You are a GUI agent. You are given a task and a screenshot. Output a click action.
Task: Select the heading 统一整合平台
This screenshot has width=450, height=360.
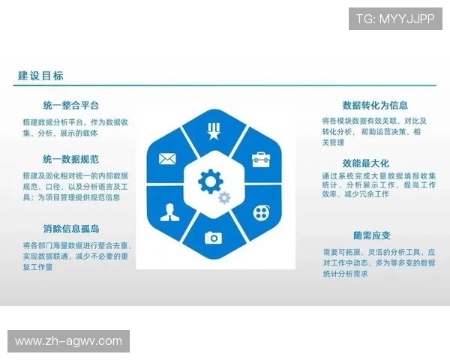(x=71, y=105)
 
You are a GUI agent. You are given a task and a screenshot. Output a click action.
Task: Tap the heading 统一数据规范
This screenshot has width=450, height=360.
(x=71, y=160)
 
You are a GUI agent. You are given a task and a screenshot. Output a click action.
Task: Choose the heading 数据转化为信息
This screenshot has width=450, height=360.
(x=375, y=105)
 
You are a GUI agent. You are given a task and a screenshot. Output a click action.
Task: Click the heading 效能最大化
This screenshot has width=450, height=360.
(x=365, y=163)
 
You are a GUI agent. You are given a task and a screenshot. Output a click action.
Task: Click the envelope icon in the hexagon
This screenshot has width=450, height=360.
(x=166, y=158)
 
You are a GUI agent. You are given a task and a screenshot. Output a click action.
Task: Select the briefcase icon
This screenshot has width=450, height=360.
(x=260, y=158)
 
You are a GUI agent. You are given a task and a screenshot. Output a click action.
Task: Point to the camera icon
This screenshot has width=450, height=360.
(x=214, y=237)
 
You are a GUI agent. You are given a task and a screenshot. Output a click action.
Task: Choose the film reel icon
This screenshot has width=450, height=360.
(x=260, y=211)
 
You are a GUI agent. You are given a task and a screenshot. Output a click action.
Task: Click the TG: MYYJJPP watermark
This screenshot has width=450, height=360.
(x=395, y=18)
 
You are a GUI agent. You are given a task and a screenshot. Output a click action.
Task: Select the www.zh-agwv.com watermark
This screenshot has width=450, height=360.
(x=68, y=341)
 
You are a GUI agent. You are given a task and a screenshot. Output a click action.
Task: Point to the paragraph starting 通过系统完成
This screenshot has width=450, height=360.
(x=377, y=184)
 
